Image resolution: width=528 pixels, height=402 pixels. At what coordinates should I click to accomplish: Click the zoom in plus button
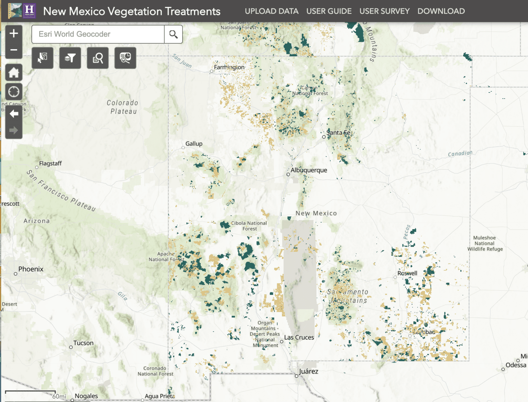[14, 33]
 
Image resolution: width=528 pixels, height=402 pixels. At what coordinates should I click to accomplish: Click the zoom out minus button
[14, 50]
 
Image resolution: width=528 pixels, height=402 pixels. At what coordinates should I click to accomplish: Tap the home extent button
[14, 72]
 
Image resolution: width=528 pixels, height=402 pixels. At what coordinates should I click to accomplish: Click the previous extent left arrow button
[14, 114]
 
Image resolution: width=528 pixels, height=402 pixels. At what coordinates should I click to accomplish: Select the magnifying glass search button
[173, 34]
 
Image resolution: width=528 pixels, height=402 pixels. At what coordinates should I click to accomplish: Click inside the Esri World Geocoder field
[98, 34]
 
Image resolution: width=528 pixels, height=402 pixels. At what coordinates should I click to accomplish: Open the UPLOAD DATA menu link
[272, 11]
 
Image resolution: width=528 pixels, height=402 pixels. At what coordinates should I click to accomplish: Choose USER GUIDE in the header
[329, 11]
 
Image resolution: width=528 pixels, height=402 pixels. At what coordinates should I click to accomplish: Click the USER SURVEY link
[384, 11]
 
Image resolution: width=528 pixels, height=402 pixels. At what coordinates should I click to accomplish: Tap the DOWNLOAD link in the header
[441, 11]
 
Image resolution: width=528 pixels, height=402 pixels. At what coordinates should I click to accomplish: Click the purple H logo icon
[29, 11]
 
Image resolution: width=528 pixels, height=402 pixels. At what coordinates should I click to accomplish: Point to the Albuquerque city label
[309, 170]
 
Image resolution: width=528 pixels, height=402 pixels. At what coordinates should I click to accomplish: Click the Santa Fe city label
[338, 133]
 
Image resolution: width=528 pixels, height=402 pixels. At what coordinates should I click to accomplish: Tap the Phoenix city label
[31, 269]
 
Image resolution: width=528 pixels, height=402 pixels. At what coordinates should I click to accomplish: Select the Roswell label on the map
[407, 273]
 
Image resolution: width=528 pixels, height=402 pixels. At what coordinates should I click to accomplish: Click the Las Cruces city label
[299, 337]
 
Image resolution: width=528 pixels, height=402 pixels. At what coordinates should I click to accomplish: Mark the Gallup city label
[194, 144]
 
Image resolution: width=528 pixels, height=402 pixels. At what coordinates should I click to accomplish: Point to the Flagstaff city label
[50, 163]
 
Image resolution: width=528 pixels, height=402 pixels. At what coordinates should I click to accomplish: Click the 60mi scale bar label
[59, 397]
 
